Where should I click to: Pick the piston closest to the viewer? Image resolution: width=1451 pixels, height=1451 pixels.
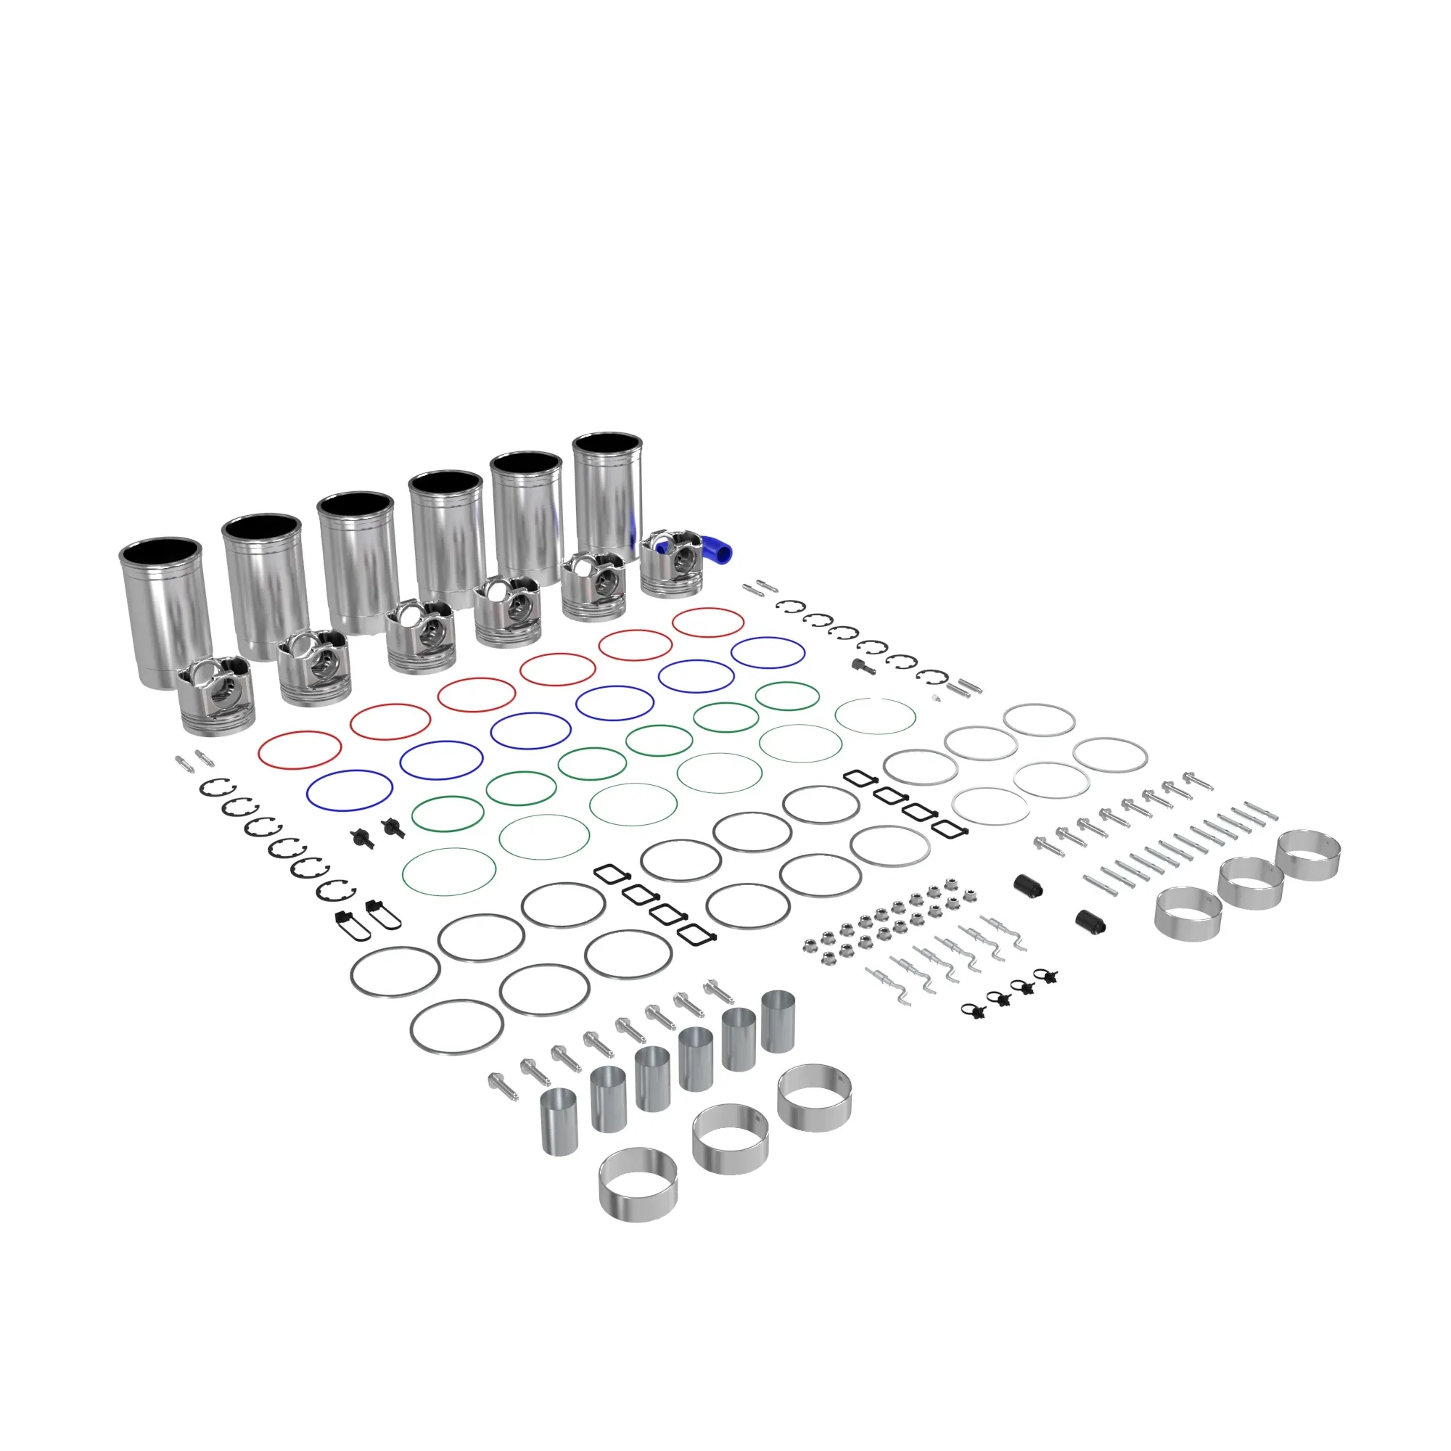tap(217, 695)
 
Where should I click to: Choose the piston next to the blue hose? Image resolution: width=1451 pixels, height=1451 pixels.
tap(673, 563)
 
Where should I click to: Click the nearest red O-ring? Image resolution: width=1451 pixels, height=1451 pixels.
tap(300, 749)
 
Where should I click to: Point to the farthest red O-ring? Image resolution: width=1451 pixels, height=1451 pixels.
tap(707, 622)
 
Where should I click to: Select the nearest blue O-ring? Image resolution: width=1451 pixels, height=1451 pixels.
tap(350, 790)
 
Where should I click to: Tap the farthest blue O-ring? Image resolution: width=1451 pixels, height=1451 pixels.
tap(768, 653)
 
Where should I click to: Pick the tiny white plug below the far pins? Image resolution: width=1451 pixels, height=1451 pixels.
tap(935, 699)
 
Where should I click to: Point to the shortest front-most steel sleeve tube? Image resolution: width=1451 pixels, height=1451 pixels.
tap(559, 1122)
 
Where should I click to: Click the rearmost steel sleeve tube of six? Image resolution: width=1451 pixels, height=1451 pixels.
tap(777, 1022)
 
